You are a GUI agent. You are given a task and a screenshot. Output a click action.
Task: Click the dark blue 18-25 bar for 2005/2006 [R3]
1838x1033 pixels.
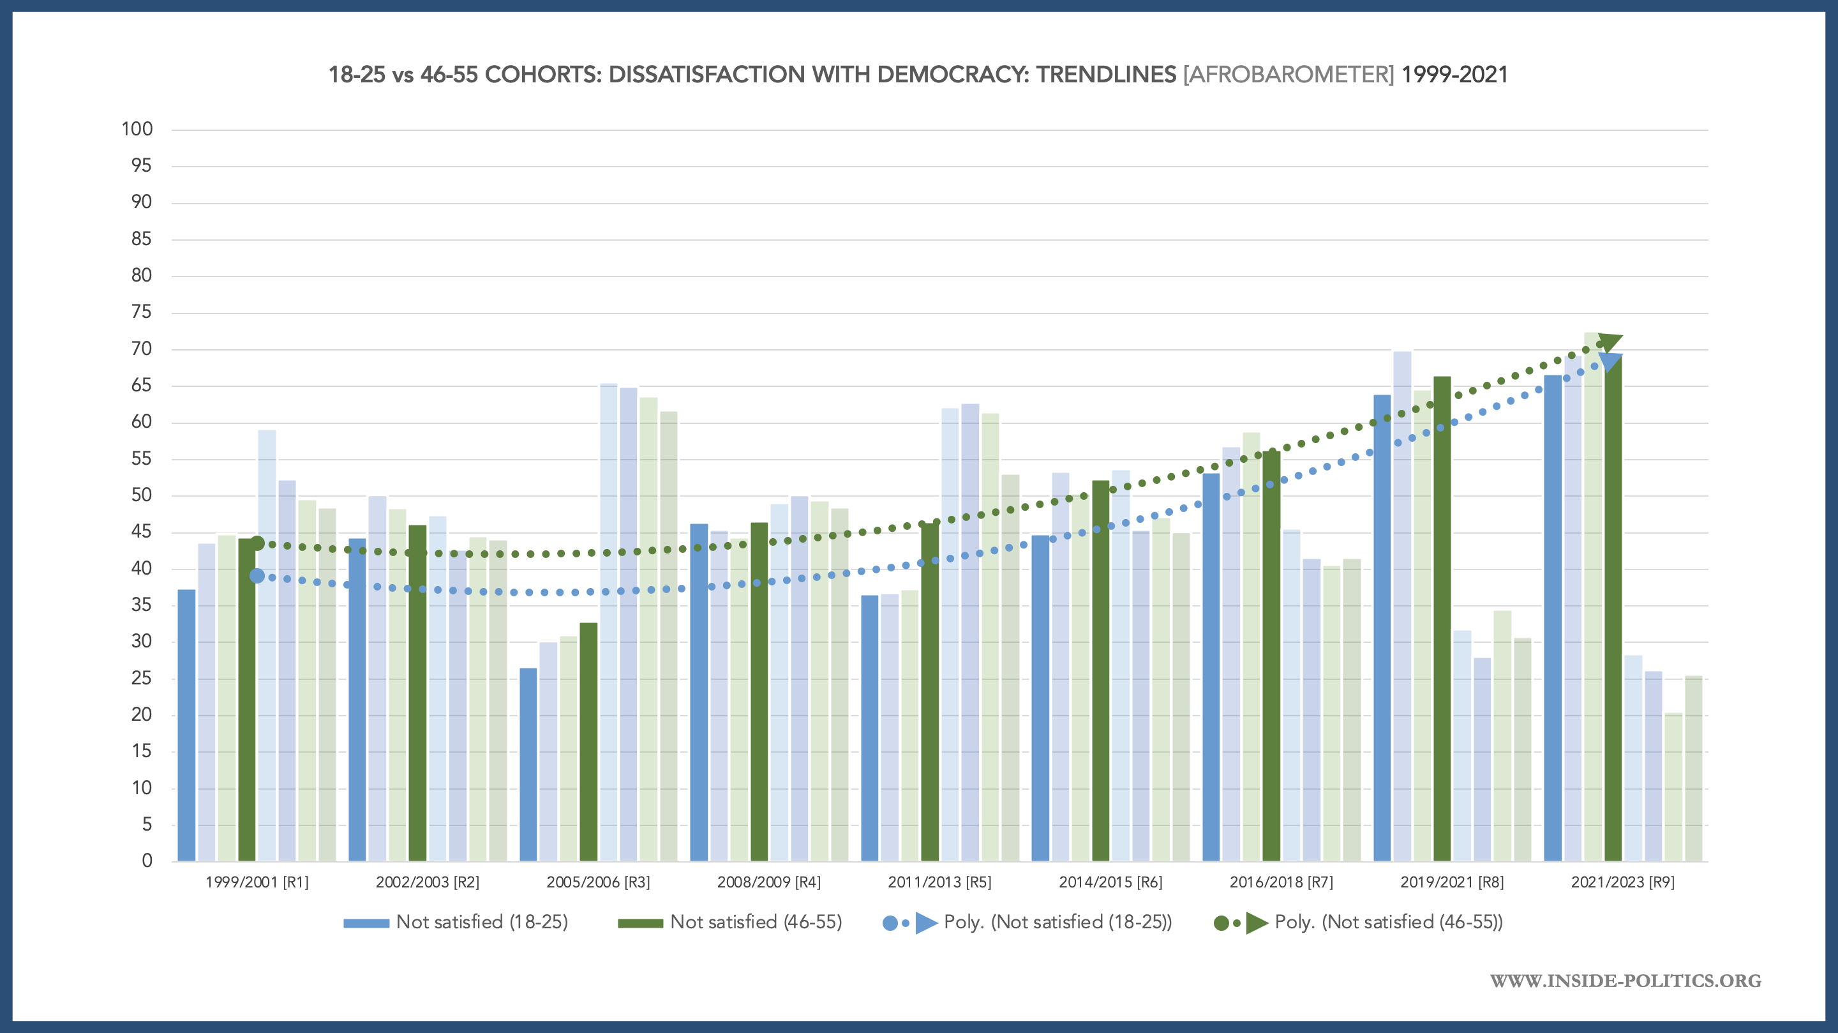pyautogui.click(x=528, y=764)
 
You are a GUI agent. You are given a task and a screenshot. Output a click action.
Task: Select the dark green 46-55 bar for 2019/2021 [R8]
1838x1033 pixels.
pyautogui.click(x=1442, y=618)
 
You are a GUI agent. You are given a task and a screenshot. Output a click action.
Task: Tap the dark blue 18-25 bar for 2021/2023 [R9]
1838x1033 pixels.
pyautogui.click(x=1553, y=617)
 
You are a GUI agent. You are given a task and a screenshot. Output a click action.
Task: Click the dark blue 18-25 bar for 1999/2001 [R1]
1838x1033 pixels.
pyautogui.click(x=186, y=725)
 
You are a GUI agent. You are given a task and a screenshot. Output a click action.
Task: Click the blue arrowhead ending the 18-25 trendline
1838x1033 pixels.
pyautogui.click(x=1610, y=362)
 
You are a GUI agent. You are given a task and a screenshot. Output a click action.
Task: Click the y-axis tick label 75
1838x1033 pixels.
pyautogui.click(x=141, y=312)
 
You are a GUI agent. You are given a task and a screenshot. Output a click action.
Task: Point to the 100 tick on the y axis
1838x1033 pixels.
pyautogui.click(x=137, y=129)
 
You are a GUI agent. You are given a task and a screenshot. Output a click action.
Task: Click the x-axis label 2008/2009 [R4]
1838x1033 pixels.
pyautogui.click(x=768, y=882)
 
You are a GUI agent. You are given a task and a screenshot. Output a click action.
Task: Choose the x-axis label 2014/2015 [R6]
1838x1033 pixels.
pyautogui.click(x=1110, y=882)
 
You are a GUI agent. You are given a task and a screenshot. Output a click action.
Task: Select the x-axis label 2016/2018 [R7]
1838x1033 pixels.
pyautogui.click(x=1281, y=882)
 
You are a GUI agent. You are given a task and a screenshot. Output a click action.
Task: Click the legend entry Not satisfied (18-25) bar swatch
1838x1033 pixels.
pyautogui.click(x=366, y=923)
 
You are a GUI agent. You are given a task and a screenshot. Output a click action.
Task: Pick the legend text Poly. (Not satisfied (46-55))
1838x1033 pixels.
pyautogui.click(x=1389, y=923)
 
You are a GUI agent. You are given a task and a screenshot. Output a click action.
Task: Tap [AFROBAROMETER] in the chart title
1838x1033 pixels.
pyautogui.click(x=1289, y=75)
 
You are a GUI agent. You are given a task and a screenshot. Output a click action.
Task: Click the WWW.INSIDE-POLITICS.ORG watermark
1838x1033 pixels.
pyautogui.click(x=1625, y=981)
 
